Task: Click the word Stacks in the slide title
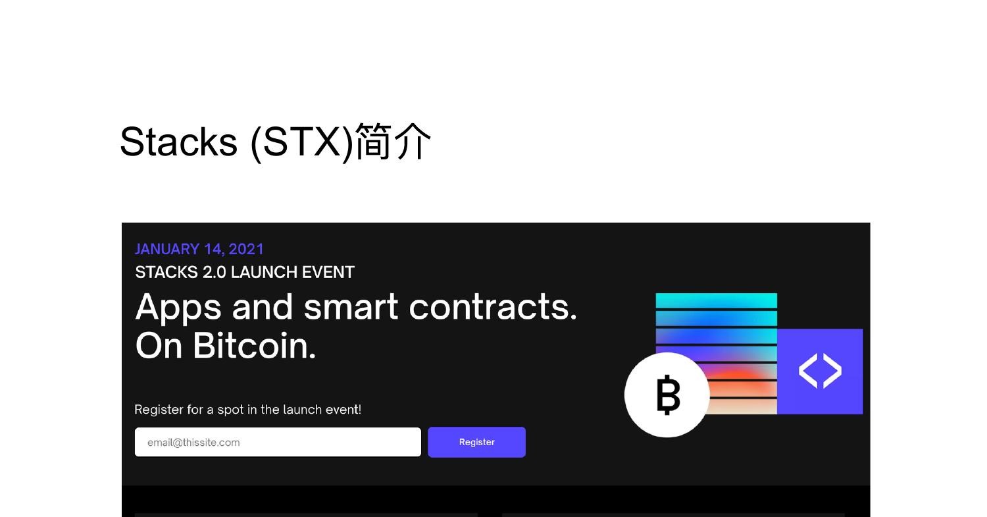coord(178,142)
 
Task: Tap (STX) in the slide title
coord(301,142)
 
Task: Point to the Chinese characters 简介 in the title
coord(393,142)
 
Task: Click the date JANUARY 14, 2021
coord(199,249)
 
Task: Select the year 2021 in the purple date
coord(246,249)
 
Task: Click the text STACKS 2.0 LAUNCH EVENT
coord(244,272)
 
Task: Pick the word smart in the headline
coord(351,307)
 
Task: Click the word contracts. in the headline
coord(492,307)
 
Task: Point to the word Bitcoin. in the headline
coord(254,345)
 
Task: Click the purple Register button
coord(476,442)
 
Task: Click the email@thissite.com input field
coord(278,442)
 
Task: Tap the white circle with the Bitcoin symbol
coord(667,395)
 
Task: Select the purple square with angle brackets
coord(820,371)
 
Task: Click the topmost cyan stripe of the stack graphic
coord(716,301)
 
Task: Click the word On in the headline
coord(159,345)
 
